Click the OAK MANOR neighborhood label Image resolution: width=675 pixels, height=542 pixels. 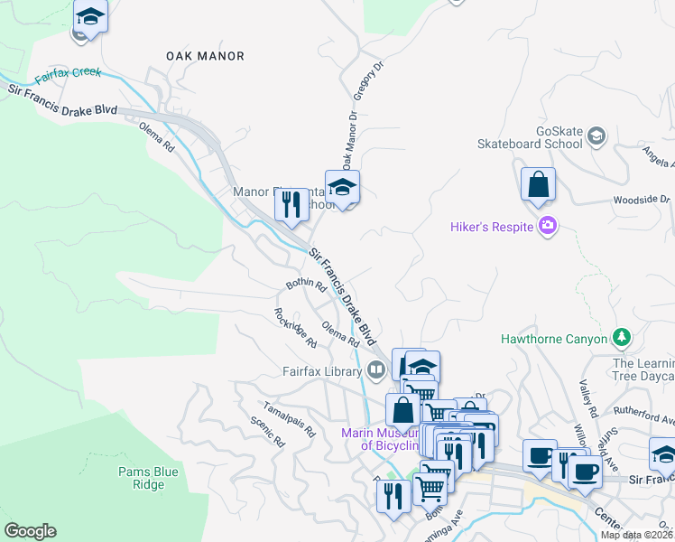coord(205,56)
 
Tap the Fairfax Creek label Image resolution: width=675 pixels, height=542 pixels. coord(68,73)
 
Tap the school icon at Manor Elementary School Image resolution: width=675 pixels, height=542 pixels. coord(342,188)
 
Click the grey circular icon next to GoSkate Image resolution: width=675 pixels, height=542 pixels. coord(596,136)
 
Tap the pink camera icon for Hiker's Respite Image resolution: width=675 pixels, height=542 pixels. coord(547,226)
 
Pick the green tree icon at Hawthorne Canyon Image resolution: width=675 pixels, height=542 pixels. coord(621,338)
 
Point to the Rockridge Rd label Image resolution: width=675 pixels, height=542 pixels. coord(296,328)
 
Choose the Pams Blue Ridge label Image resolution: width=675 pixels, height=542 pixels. coord(142,478)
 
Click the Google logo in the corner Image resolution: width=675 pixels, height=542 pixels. coord(30,531)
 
